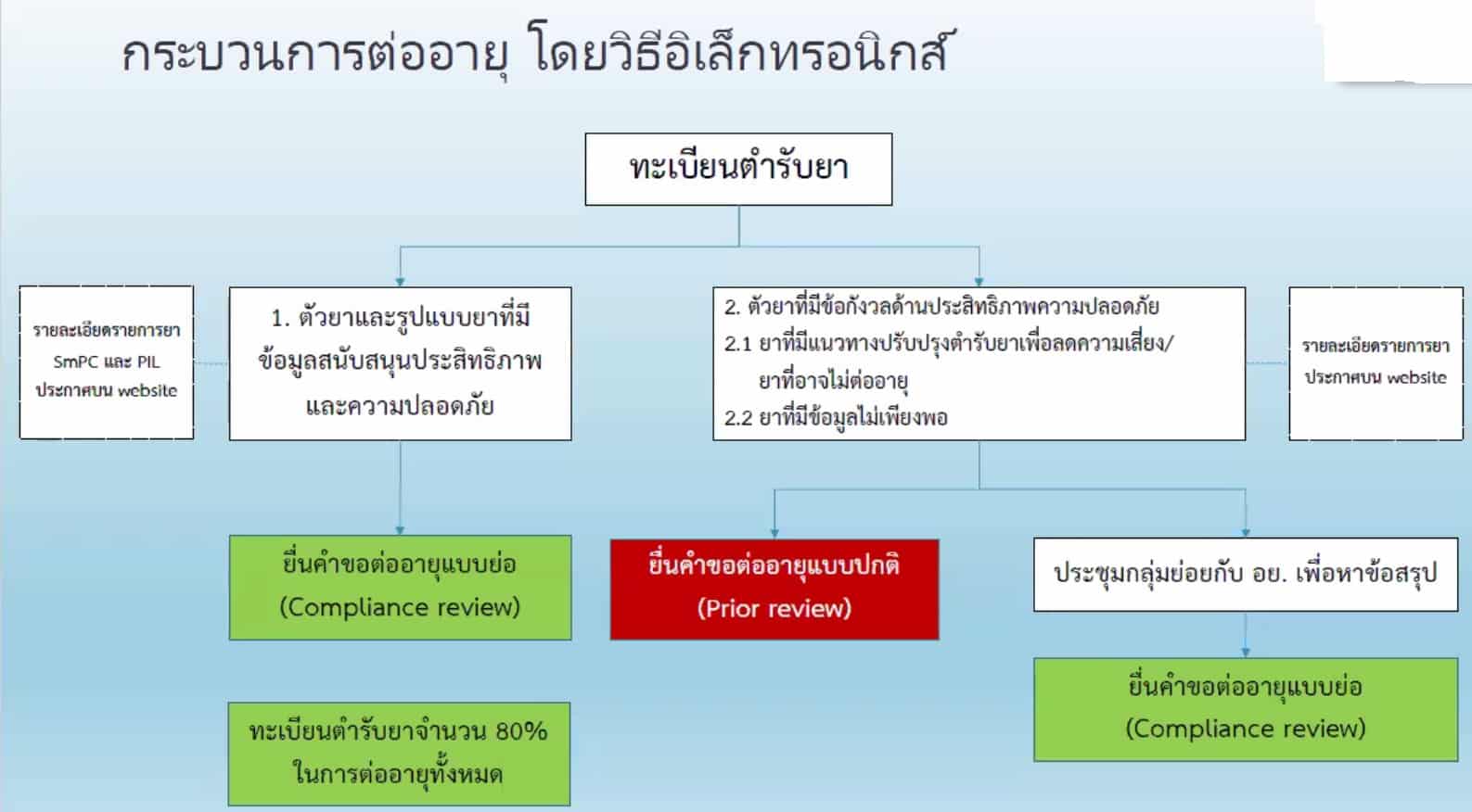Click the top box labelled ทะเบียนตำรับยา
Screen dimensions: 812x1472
coord(738,169)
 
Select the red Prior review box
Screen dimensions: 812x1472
coord(774,589)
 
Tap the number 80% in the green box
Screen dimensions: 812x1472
coord(520,731)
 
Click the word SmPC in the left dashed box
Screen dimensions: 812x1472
coord(76,362)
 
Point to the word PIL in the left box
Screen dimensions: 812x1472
coord(147,362)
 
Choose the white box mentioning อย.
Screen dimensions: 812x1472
coord(1245,574)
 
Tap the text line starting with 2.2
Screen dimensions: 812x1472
coord(836,417)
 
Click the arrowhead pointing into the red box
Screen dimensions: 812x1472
coord(774,533)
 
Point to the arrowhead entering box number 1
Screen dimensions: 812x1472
coord(400,281)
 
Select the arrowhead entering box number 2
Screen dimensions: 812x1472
coord(979,281)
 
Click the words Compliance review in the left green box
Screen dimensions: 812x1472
coord(400,607)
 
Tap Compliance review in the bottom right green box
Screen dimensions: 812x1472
coord(1245,729)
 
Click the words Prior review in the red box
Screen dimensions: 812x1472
coord(774,609)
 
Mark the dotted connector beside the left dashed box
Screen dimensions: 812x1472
coord(211,363)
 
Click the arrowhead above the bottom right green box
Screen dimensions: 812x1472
coord(1245,652)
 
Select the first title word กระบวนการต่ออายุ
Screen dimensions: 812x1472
coord(315,53)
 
